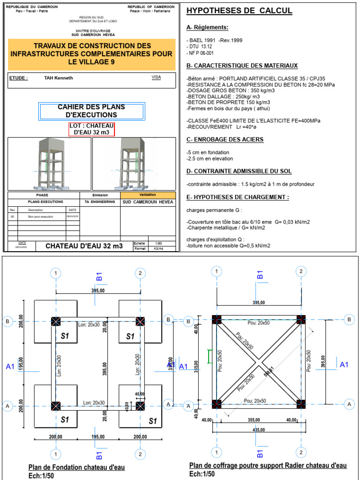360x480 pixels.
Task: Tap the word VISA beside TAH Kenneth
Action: click(156, 77)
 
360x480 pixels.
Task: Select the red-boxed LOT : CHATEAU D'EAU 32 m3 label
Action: click(92, 129)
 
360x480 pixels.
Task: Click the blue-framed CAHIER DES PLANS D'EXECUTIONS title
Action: click(92, 111)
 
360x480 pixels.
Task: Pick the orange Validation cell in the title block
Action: click(148, 195)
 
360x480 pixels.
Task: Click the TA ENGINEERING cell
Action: click(99, 202)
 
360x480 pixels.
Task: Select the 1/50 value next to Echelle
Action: click(158, 244)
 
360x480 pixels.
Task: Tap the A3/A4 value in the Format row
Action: click(158, 248)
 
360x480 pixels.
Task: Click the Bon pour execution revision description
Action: click(41, 217)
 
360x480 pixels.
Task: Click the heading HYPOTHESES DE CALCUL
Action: click(239, 11)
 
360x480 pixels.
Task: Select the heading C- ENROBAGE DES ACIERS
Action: click(225, 139)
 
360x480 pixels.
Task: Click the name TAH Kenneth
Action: click(59, 78)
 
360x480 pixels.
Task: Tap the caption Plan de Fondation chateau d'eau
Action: click(77, 467)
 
